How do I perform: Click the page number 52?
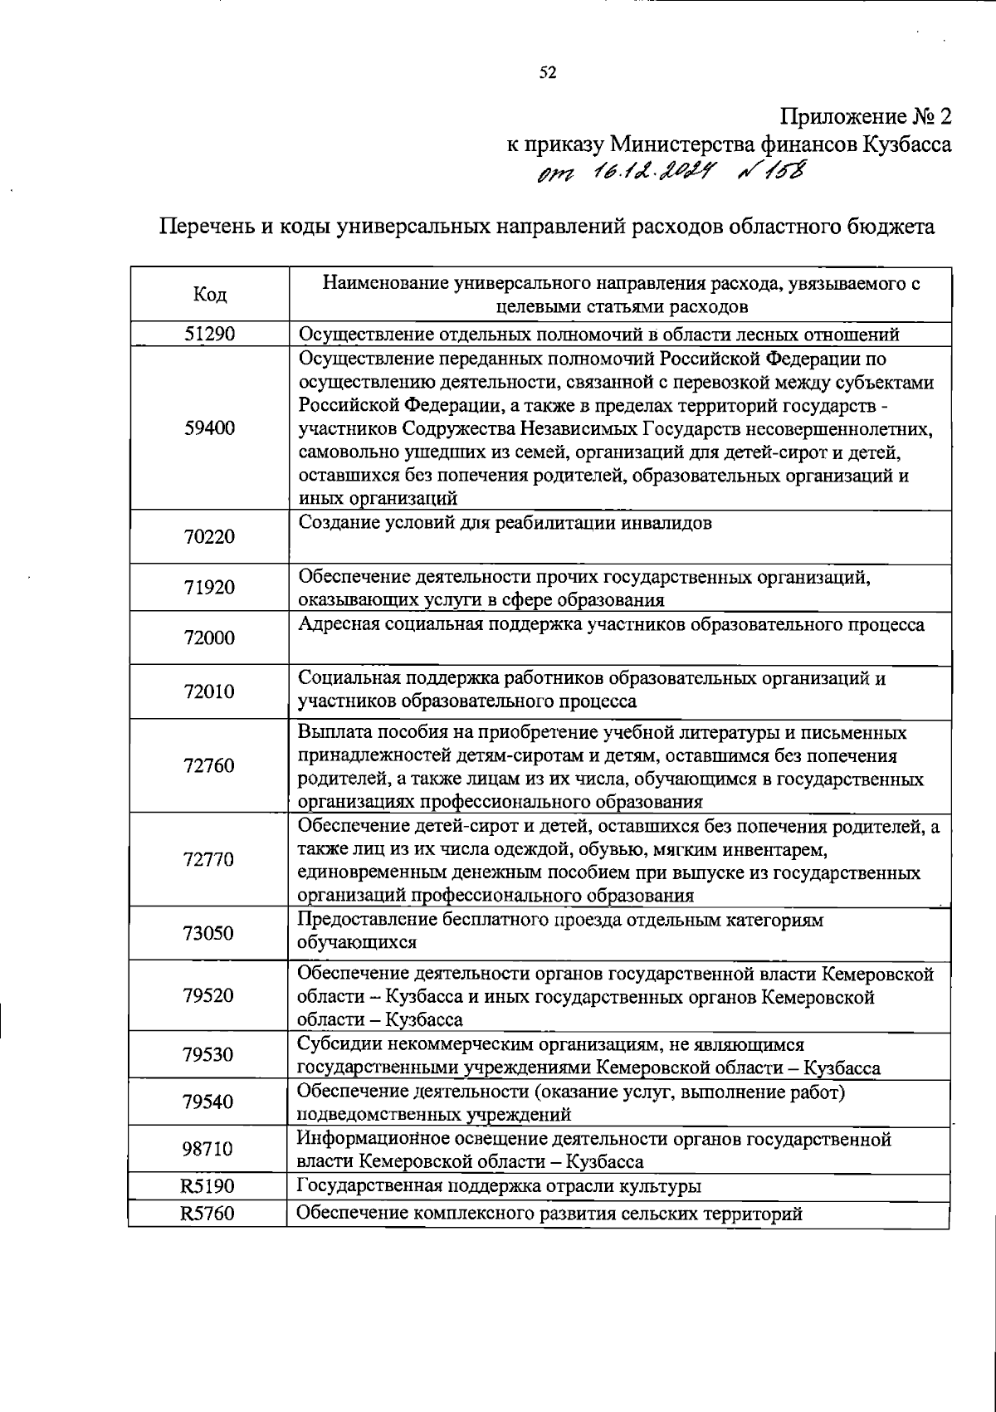pyautogui.click(x=548, y=73)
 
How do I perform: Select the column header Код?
pyautogui.click(x=209, y=295)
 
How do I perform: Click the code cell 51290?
pyautogui.click(x=209, y=334)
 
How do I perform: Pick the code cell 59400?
pyautogui.click(x=209, y=428)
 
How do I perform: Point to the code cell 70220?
pyautogui.click(x=209, y=537)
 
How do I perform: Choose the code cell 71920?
pyautogui.click(x=209, y=588)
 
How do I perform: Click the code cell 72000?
pyautogui.click(x=209, y=638)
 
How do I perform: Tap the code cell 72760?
pyautogui.click(x=209, y=766)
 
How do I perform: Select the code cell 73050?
pyautogui.click(x=209, y=933)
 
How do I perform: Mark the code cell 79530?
pyautogui.click(x=209, y=1055)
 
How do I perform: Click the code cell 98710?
pyautogui.click(x=209, y=1150)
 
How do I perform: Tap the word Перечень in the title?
pyautogui.click(x=203, y=227)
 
